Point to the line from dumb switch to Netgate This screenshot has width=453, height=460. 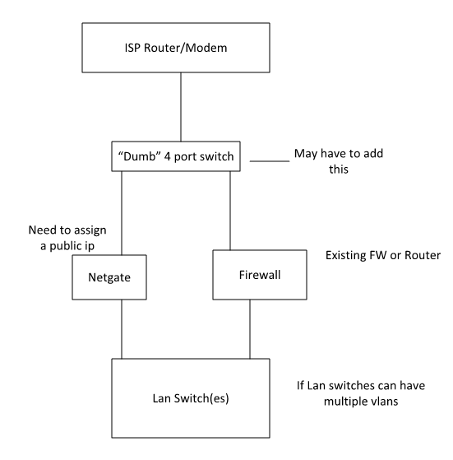122,210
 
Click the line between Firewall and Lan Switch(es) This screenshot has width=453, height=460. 251,328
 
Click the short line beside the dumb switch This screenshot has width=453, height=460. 269,161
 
